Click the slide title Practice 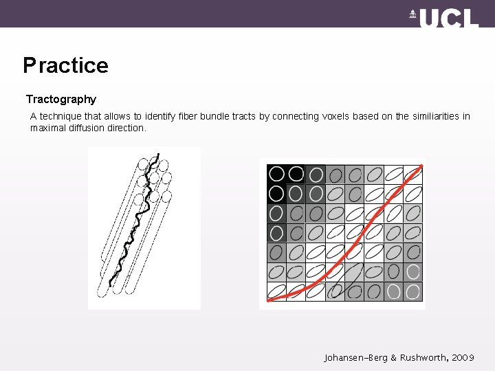(x=65, y=65)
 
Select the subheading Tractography (x=61, y=99)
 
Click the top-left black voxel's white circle (x=276, y=174)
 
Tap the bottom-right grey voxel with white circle (x=412, y=291)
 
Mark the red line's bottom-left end (x=269, y=299)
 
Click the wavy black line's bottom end (x=111, y=285)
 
